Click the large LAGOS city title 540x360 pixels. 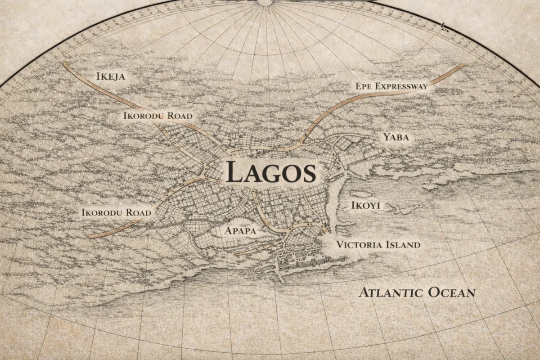(271, 172)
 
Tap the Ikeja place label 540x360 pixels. (111, 76)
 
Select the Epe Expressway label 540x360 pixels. (391, 86)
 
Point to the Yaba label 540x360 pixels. (396, 137)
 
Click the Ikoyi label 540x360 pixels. (365, 206)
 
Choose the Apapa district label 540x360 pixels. (240, 231)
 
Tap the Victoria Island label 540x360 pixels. (378, 245)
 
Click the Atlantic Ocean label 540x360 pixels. (417, 292)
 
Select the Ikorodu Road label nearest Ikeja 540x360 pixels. (157, 116)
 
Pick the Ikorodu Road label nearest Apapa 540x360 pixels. (116, 212)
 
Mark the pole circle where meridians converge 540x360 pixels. (265, 2)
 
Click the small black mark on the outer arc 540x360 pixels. (443, 26)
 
